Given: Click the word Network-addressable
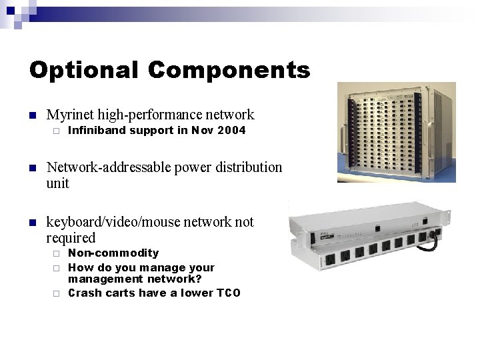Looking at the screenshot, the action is click(x=109, y=167).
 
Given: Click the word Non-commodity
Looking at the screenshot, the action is click(x=113, y=253).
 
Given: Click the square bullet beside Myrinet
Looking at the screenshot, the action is click(x=31, y=115).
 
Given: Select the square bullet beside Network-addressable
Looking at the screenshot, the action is click(x=31, y=168).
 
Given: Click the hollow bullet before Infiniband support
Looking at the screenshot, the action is click(x=57, y=131).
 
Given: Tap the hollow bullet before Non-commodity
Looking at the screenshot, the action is click(x=57, y=254).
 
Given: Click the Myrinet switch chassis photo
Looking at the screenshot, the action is click(x=396, y=132).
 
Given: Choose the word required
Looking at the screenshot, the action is click(x=71, y=238).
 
